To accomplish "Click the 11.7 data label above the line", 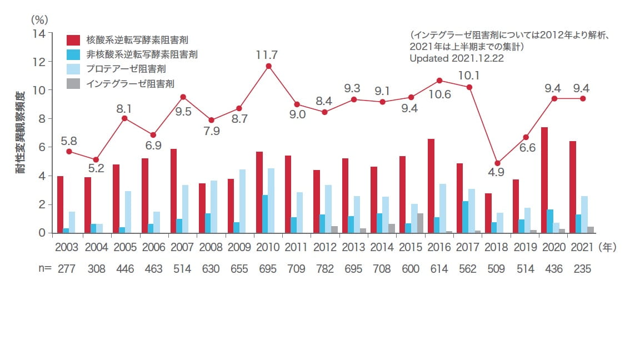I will pos(268,55).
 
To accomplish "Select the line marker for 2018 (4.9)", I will pos(498,163).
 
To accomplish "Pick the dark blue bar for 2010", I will pos(264,214).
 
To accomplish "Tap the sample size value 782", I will pos(325,269).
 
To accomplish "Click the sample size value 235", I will pos(581,269).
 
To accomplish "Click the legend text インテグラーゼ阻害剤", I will pos(131,83).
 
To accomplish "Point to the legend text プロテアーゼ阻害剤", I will pos(126,69).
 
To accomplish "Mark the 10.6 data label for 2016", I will pos(439,94).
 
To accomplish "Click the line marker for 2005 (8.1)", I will pos(125,118).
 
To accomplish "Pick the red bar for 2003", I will pos(60,204).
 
